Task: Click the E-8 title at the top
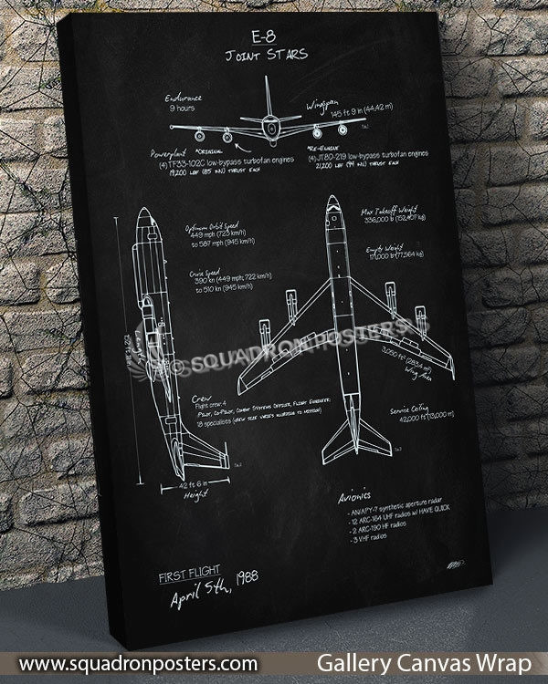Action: tap(267, 39)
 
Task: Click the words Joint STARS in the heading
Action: tap(267, 55)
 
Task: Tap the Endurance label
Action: tap(185, 97)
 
